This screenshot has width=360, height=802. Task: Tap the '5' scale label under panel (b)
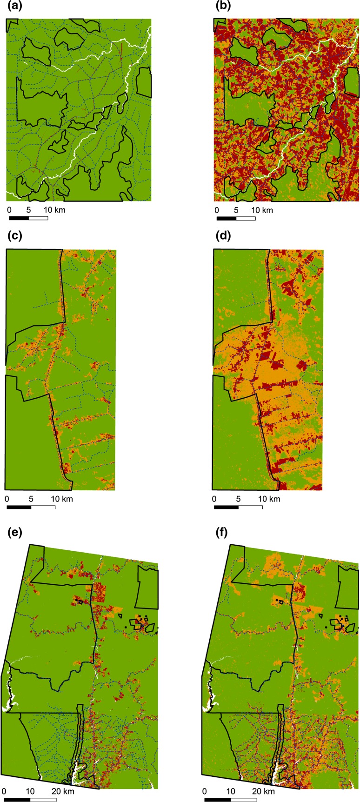tap(236, 210)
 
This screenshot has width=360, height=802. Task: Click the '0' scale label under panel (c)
tap(7, 499)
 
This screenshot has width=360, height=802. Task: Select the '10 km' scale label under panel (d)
tap(269, 499)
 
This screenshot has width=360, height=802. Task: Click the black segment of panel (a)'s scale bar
tap(19, 217)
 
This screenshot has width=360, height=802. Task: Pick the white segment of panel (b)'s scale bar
tap(246, 217)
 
